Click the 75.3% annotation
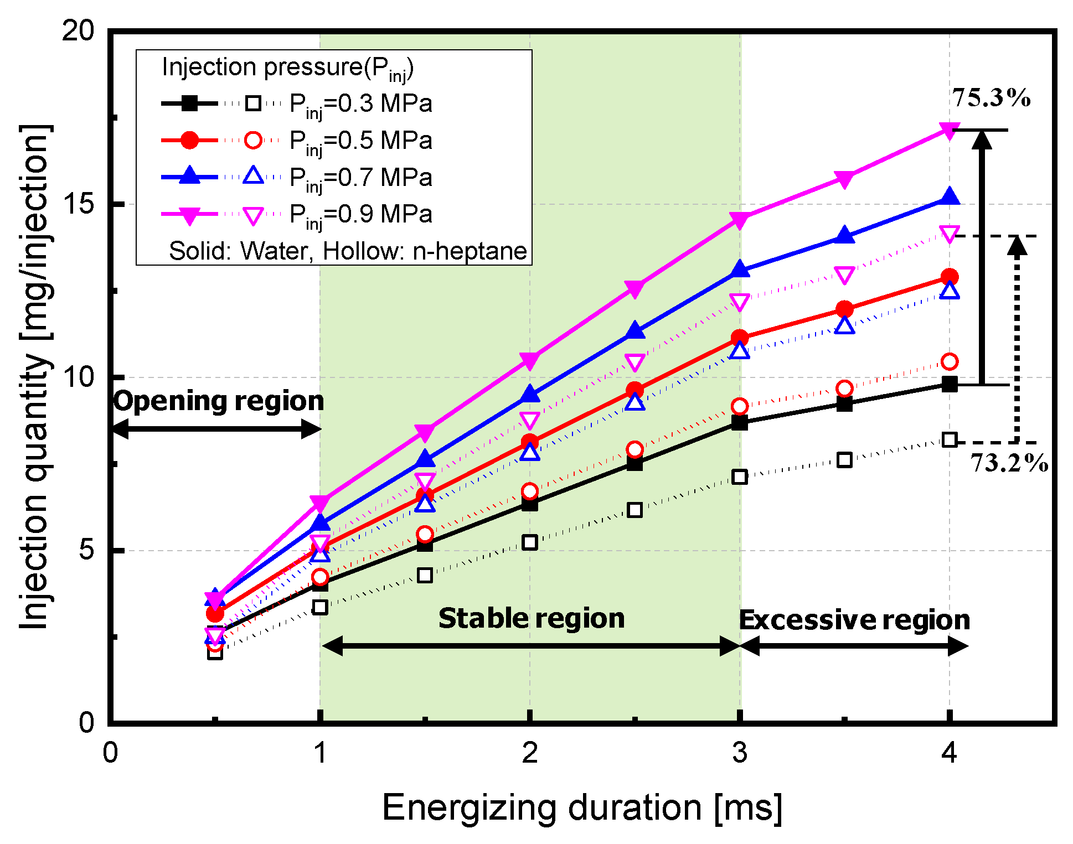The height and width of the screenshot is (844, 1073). pyautogui.click(x=991, y=99)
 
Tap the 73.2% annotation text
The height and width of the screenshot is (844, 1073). pyautogui.click(x=1009, y=463)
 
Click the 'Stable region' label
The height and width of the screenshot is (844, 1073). pyautogui.click(x=531, y=618)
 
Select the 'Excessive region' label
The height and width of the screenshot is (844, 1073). pyautogui.click(x=854, y=620)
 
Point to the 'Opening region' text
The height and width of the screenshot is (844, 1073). pyautogui.click(x=219, y=401)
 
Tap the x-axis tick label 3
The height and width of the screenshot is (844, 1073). pyautogui.click(x=740, y=753)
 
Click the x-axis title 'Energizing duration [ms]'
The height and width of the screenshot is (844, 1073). pyautogui.click(x=581, y=807)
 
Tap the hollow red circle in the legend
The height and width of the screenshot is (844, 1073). pyautogui.click(x=253, y=140)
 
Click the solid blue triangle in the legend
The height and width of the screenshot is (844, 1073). pyautogui.click(x=189, y=175)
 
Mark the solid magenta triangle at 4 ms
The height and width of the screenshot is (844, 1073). pyautogui.click(x=950, y=131)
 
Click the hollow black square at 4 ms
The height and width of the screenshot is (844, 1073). pyautogui.click(x=950, y=441)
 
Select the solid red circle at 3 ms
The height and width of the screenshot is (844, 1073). pyautogui.click(x=740, y=338)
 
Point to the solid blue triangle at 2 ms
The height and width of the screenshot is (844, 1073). pyautogui.click(x=530, y=395)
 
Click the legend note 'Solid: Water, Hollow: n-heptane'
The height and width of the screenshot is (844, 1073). pyautogui.click(x=348, y=251)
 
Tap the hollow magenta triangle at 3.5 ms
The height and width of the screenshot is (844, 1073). pyautogui.click(x=844, y=275)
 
